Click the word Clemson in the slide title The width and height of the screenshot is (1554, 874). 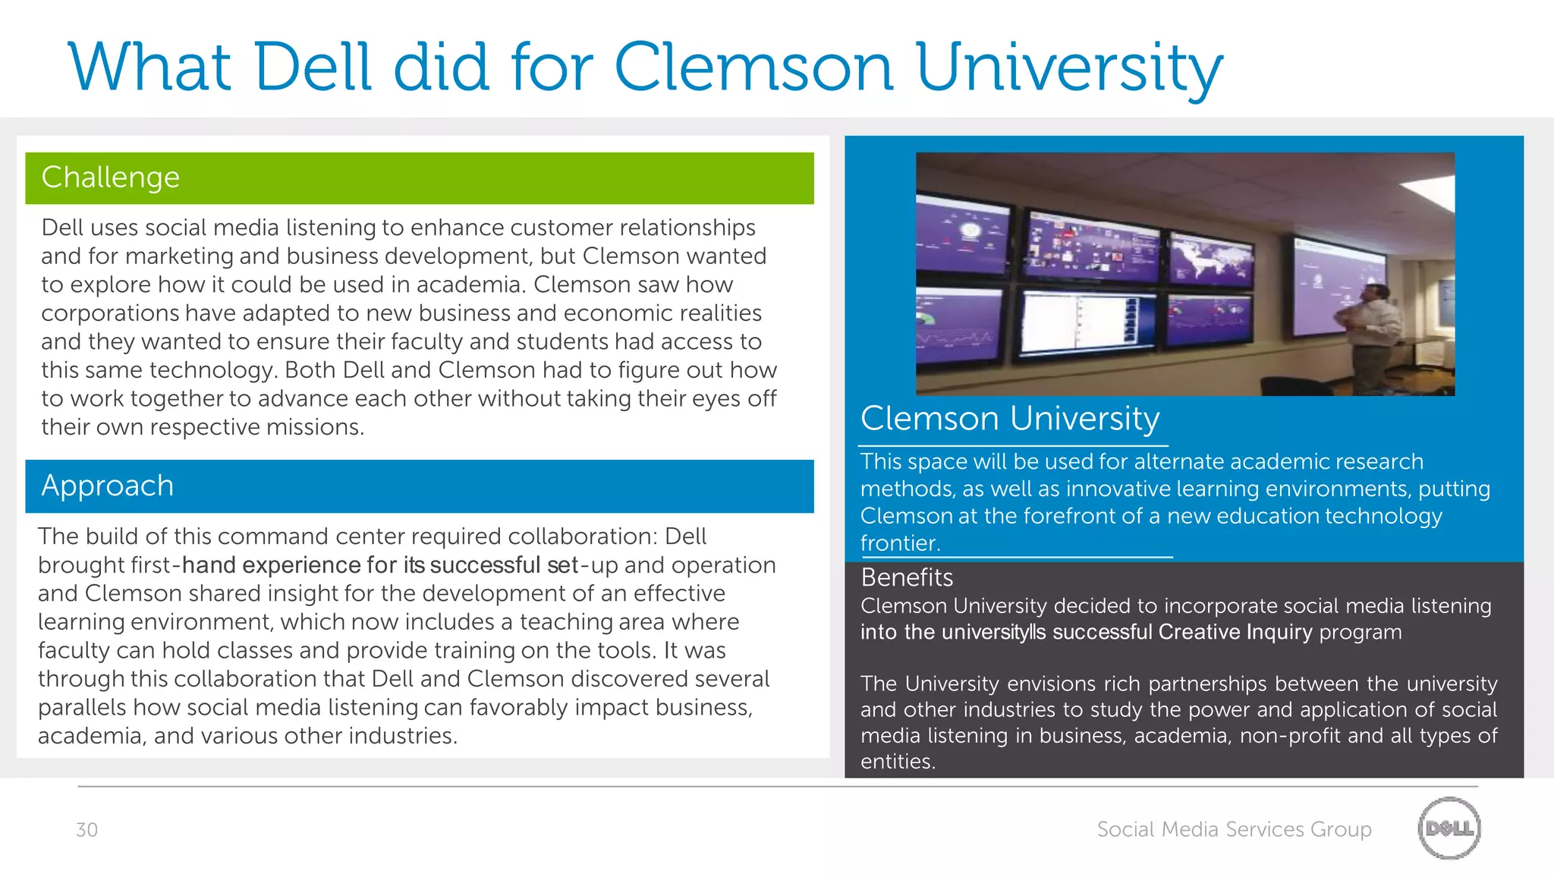click(x=753, y=68)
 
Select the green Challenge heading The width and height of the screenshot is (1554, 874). click(x=111, y=178)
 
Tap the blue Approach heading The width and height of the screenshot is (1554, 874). click(x=108, y=486)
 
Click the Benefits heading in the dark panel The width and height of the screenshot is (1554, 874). click(x=907, y=578)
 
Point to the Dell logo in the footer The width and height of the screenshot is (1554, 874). click(x=1449, y=828)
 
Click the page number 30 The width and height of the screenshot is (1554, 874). click(x=87, y=830)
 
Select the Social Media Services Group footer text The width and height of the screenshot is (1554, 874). click(x=1234, y=829)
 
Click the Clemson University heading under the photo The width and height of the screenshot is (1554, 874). click(x=1010, y=419)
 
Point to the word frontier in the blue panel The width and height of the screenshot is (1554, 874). click(x=900, y=543)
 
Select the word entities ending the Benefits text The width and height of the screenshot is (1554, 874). click(x=898, y=762)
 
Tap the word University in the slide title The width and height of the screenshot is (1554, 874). click(x=1069, y=68)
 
